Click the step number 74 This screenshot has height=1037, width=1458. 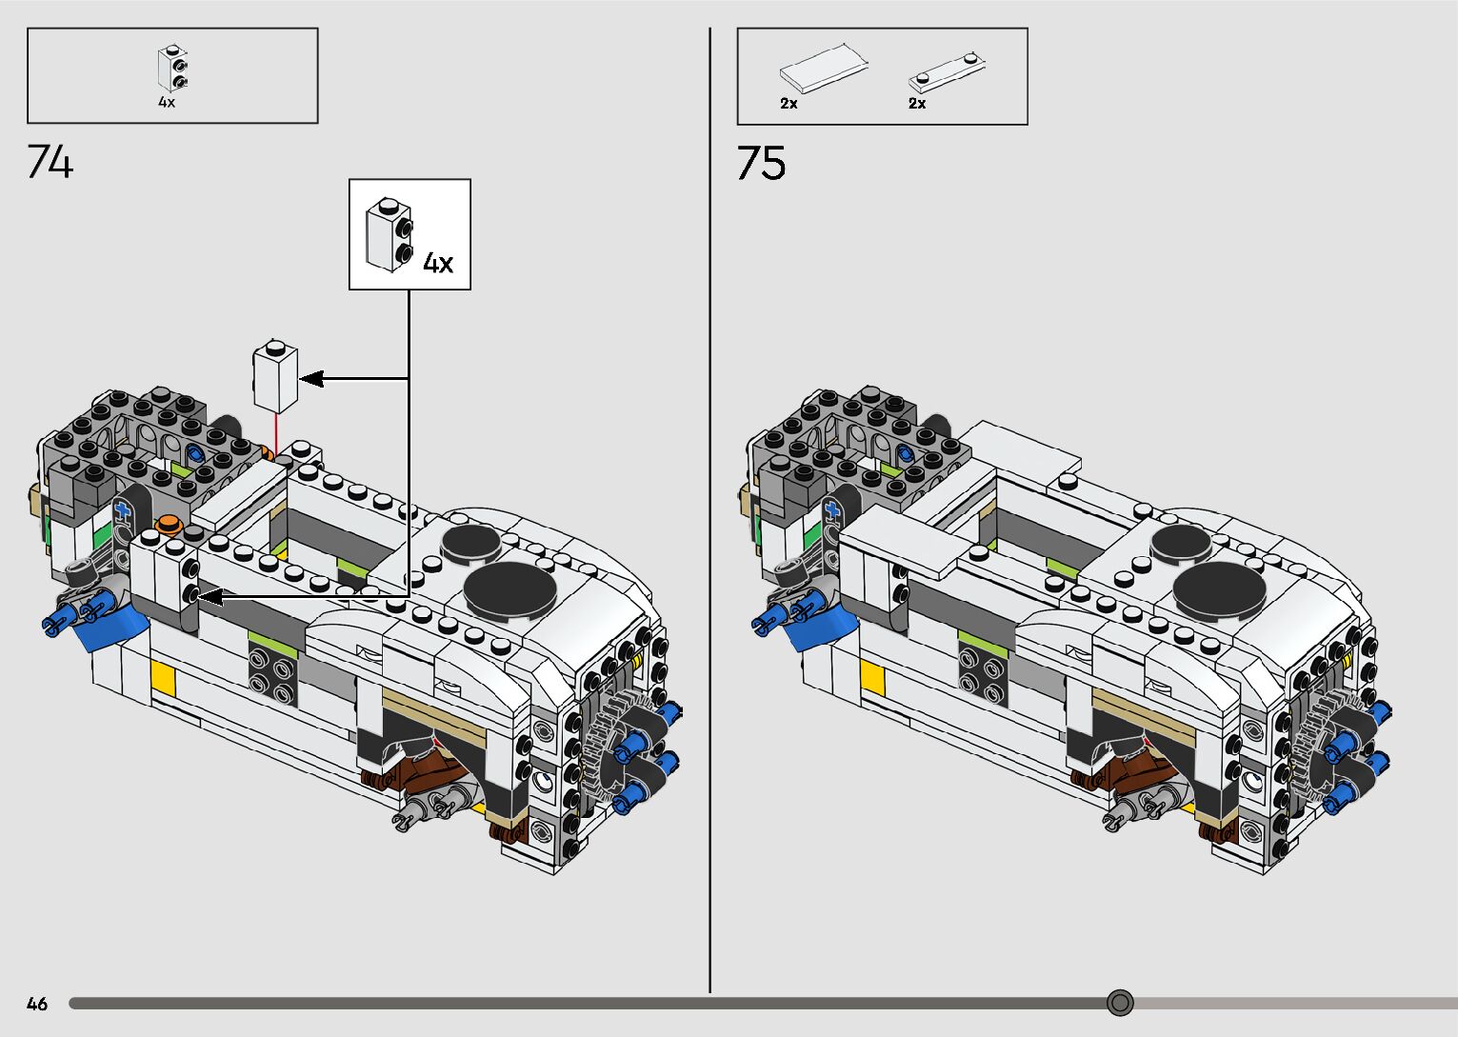[50, 162]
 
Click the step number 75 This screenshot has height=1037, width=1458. [761, 163]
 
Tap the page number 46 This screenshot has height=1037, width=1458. [37, 1004]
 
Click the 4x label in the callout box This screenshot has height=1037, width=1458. [438, 263]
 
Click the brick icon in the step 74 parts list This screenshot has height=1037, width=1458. [172, 70]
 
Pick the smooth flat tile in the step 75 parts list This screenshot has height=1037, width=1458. [824, 68]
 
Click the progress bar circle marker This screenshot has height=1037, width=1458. [1121, 1003]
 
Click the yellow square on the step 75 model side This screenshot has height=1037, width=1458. [872, 677]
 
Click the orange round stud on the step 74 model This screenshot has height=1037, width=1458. [170, 522]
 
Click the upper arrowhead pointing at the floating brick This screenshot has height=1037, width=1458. [311, 379]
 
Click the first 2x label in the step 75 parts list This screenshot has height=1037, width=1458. [789, 103]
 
